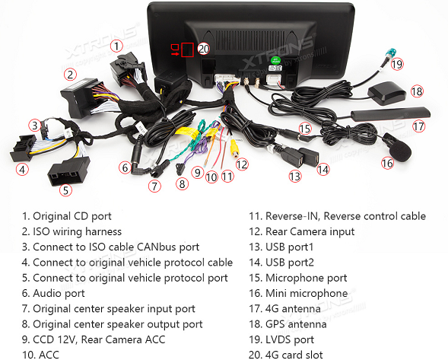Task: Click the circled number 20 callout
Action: pyautogui.click(x=204, y=49)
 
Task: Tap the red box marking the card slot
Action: pyautogui.click(x=187, y=49)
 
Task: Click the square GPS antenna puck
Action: pyautogui.click(x=386, y=93)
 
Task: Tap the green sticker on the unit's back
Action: pyautogui.click(x=275, y=60)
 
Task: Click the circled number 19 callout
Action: pyautogui.click(x=397, y=64)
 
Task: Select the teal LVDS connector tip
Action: pyautogui.click(x=389, y=54)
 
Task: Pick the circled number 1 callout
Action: pyautogui.click(x=116, y=46)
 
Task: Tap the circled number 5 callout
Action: pyautogui.click(x=65, y=190)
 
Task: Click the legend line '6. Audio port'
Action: pyautogui.click(x=53, y=293)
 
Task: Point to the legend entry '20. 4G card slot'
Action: pyautogui.click(x=286, y=355)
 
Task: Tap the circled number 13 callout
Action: pyautogui.click(x=295, y=176)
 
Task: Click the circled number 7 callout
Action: pyautogui.click(x=154, y=186)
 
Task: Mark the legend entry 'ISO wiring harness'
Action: pyautogui.click(x=78, y=231)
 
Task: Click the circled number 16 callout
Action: pyautogui.click(x=387, y=164)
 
